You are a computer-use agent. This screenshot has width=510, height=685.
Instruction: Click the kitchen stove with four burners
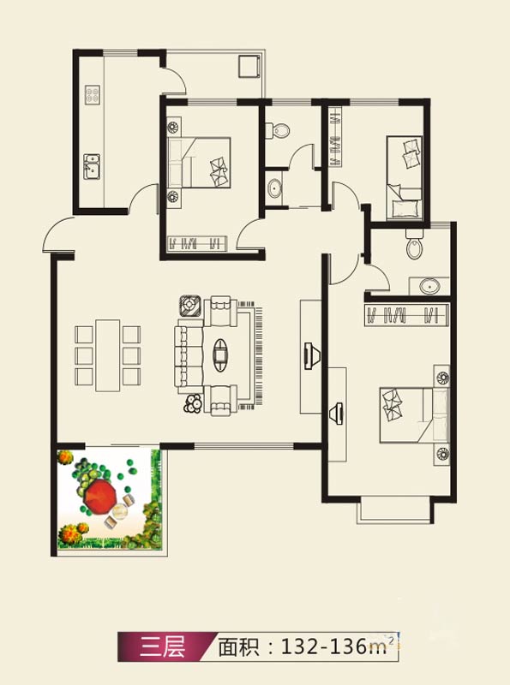coord(92,95)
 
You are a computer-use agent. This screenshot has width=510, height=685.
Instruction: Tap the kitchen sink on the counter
coord(92,166)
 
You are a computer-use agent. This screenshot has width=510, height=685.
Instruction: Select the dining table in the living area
coord(108,355)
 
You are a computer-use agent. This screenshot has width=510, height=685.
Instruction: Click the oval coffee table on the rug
coord(220,353)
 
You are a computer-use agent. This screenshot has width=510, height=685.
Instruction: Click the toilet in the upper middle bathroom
coord(278,130)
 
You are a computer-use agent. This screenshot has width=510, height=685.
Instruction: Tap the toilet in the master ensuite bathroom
coord(415,245)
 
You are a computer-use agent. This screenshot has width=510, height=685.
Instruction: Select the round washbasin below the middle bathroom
coord(275,188)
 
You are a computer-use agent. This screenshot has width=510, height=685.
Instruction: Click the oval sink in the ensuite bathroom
coord(430,287)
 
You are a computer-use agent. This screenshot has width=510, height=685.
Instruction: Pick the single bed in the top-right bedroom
coord(405,178)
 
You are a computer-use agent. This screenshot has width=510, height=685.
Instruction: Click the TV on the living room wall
coord(312,356)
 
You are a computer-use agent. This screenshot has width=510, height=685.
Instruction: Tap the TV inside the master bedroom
coord(336,413)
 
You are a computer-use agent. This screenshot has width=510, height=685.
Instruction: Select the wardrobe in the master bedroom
coord(407,314)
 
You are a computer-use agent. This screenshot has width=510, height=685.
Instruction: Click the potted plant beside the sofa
coord(193,403)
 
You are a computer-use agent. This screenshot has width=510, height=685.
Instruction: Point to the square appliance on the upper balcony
coord(249,67)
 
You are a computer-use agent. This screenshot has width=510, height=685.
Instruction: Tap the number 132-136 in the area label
coord(324,646)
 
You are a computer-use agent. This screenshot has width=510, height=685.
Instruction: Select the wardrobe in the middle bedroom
coord(197,242)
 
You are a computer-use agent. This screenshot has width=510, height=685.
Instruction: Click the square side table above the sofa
coord(190,306)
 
